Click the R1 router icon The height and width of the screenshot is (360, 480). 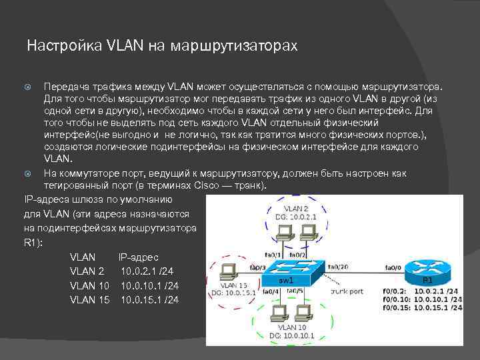(x=427, y=267)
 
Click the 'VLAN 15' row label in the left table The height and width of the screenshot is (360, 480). (x=89, y=300)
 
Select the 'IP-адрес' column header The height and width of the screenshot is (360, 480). (x=138, y=257)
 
